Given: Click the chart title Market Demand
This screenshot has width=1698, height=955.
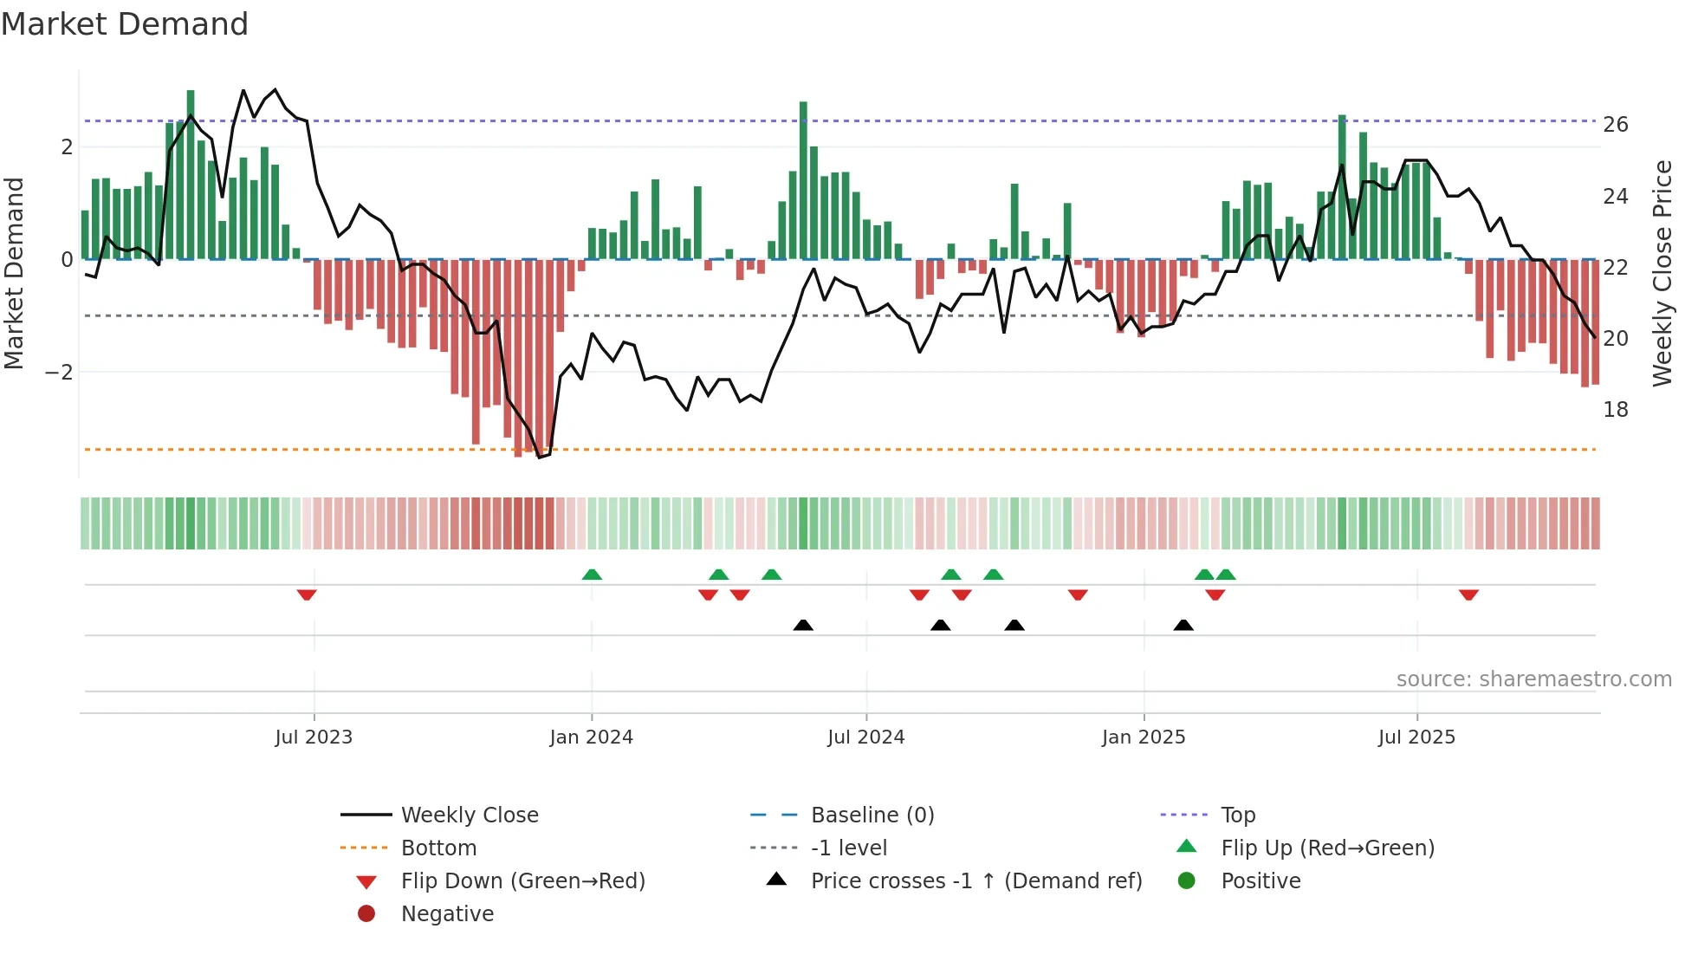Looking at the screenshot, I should tap(125, 24).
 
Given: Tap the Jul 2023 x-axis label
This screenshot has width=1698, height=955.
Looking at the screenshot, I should tap(314, 737).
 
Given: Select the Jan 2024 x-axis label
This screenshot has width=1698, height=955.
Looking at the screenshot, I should tap(591, 737).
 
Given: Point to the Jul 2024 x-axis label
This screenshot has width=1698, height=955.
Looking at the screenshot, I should tap(865, 737).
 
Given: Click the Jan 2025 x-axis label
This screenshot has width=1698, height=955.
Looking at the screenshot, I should tap(1144, 737).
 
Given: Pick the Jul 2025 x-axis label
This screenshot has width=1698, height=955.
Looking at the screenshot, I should tap(1416, 737).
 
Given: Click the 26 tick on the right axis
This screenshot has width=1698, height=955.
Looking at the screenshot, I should tap(1615, 125).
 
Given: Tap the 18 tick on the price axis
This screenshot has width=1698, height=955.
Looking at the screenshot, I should tap(1615, 410).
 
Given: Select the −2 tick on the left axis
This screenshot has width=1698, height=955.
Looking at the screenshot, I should tap(59, 373).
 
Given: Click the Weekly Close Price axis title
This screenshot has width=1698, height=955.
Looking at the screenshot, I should tap(1662, 273).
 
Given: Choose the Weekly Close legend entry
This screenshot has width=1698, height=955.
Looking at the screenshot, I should tap(469, 815).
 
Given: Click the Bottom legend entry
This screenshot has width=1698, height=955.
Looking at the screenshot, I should tap(438, 848).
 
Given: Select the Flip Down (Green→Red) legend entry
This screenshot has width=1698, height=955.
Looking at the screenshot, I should tap(522, 881).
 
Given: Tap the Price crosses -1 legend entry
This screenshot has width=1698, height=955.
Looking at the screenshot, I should tap(975, 881).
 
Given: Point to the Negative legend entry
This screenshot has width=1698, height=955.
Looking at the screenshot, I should tap(447, 914).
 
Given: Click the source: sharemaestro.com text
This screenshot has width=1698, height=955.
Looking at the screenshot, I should tap(1533, 679).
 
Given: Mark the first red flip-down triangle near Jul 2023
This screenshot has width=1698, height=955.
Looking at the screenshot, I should tap(307, 594).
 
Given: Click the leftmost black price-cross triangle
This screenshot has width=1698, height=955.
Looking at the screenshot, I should tap(803, 625).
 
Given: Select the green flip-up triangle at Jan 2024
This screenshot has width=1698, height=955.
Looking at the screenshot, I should tap(592, 575).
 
